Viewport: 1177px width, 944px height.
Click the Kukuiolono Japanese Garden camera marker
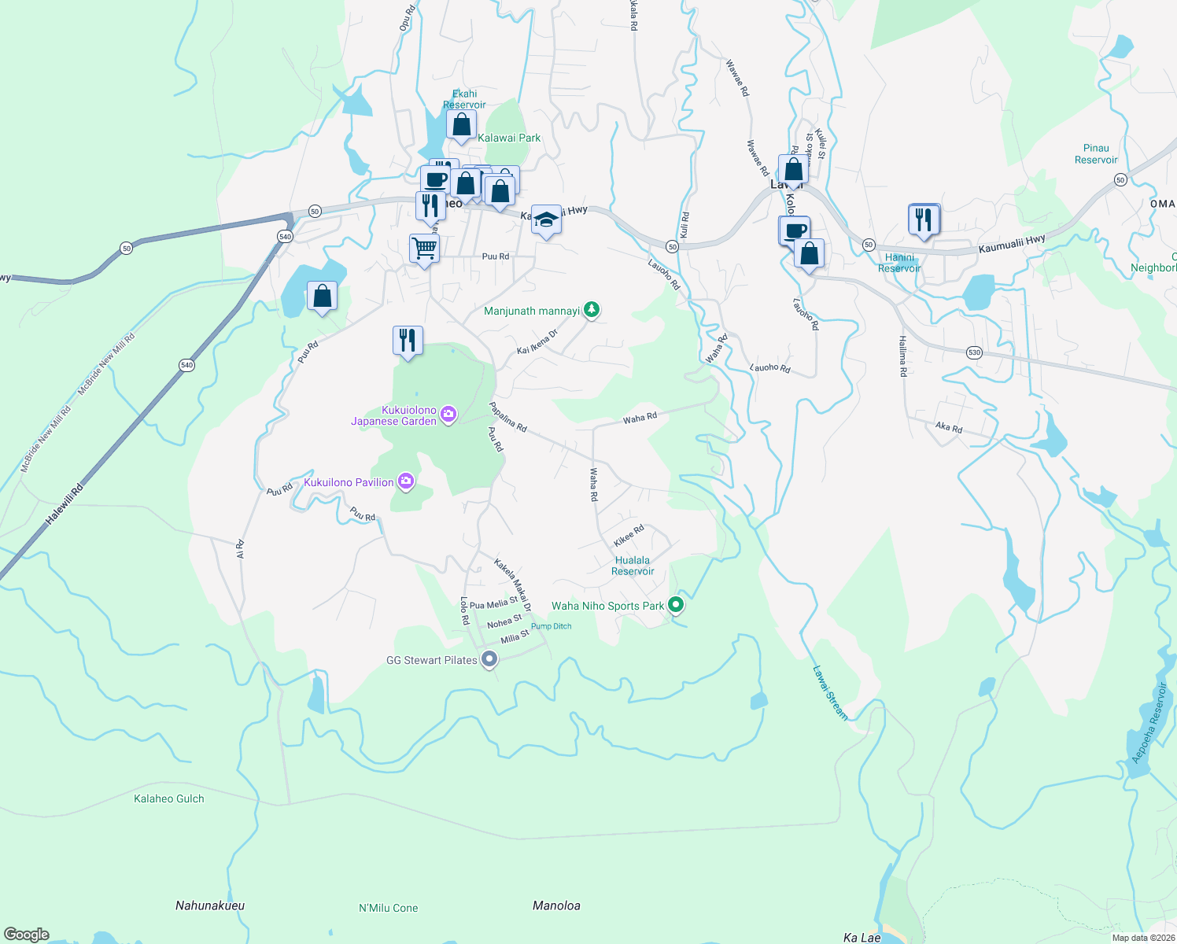pyautogui.click(x=448, y=414)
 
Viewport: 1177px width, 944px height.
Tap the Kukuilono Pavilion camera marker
pyautogui.click(x=406, y=481)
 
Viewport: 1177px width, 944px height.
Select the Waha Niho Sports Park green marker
pyautogui.click(x=675, y=605)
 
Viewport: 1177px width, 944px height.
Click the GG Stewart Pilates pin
pyautogui.click(x=489, y=659)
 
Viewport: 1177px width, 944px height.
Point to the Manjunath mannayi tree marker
pyautogui.click(x=592, y=310)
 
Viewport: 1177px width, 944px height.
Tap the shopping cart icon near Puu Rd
pyautogui.click(x=424, y=249)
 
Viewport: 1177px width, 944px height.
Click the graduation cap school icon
pyautogui.click(x=545, y=219)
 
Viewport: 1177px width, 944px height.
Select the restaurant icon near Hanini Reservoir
pyautogui.click(x=924, y=219)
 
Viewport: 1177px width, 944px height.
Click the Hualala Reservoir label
pyautogui.click(x=633, y=566)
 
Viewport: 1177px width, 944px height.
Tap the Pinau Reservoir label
pyautogui.click(x=1096, y=153)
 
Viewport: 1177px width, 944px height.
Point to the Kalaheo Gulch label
pyautogui.click(x=169, y=798)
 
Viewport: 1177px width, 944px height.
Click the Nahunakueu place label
pyautogui.click(x=210, y=905)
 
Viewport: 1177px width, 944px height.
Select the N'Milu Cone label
pyautogui.click(x=389, y=908)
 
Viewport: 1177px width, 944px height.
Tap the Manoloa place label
pyautogui.click(x=556, y=905)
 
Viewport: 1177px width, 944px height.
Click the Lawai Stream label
pyautogui.click(x=830, y=693)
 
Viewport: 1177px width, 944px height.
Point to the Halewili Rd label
pyautogui.click(x=65, y=504)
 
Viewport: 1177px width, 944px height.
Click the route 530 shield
pyautogui.click(x=975, y=352)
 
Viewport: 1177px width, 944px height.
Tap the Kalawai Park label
pyautogui.click(x=509, y=138)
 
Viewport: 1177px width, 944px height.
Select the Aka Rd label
pyautogui.click(x=949, y=427)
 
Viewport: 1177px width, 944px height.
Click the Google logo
pyautogui.click(x=27, y=935)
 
